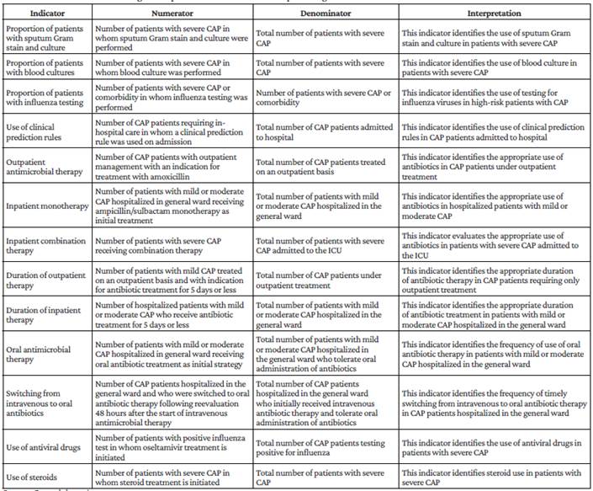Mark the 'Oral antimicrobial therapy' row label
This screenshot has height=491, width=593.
pos(41,352)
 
